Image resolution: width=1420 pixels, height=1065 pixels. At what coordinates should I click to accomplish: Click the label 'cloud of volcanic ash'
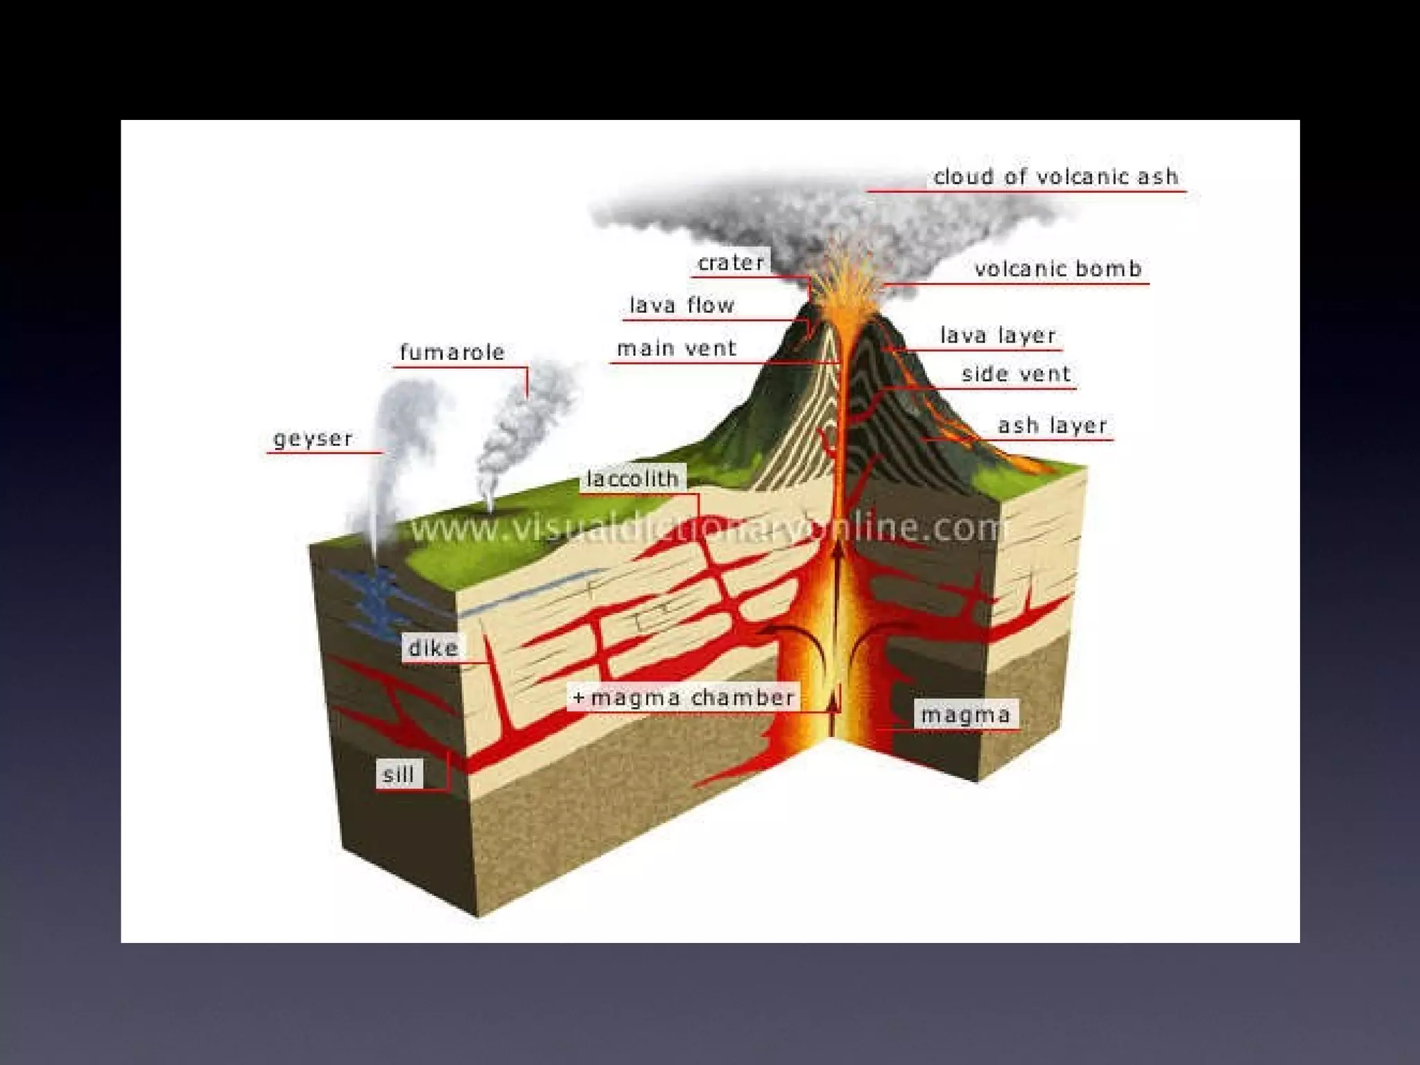(x=1055, y=177)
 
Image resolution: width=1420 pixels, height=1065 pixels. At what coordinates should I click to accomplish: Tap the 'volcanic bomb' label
(x=1057, y=269)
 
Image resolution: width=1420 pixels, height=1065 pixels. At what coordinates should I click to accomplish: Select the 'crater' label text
(x=731, y=263)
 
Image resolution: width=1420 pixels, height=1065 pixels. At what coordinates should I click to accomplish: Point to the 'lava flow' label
(x=682, y=305)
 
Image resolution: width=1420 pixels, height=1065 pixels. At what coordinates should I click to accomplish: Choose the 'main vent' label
(x=677, y=348)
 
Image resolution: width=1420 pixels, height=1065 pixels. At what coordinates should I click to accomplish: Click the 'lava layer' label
(x=998, y=336)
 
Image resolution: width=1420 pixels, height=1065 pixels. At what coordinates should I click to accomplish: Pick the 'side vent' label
(x=1016, y=374)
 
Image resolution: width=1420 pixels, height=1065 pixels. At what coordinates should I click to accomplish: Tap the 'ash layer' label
(x=1052, y=425)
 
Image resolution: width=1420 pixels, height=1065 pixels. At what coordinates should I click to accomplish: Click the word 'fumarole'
(x=452, y=352)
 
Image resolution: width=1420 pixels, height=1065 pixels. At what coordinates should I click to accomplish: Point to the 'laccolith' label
(x=632, y=478)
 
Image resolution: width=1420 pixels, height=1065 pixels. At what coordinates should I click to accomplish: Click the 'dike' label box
(x=433, y=648)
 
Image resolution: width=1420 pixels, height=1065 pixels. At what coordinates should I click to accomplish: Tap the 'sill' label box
(x=399, y=774)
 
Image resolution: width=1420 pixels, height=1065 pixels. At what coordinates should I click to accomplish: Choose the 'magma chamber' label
(x=692, y=698)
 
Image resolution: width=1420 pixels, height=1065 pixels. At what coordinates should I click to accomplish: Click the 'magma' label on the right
(x=965, y=715)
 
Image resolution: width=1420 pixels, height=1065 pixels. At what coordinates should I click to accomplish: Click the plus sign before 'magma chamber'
(x=579, y=698)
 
